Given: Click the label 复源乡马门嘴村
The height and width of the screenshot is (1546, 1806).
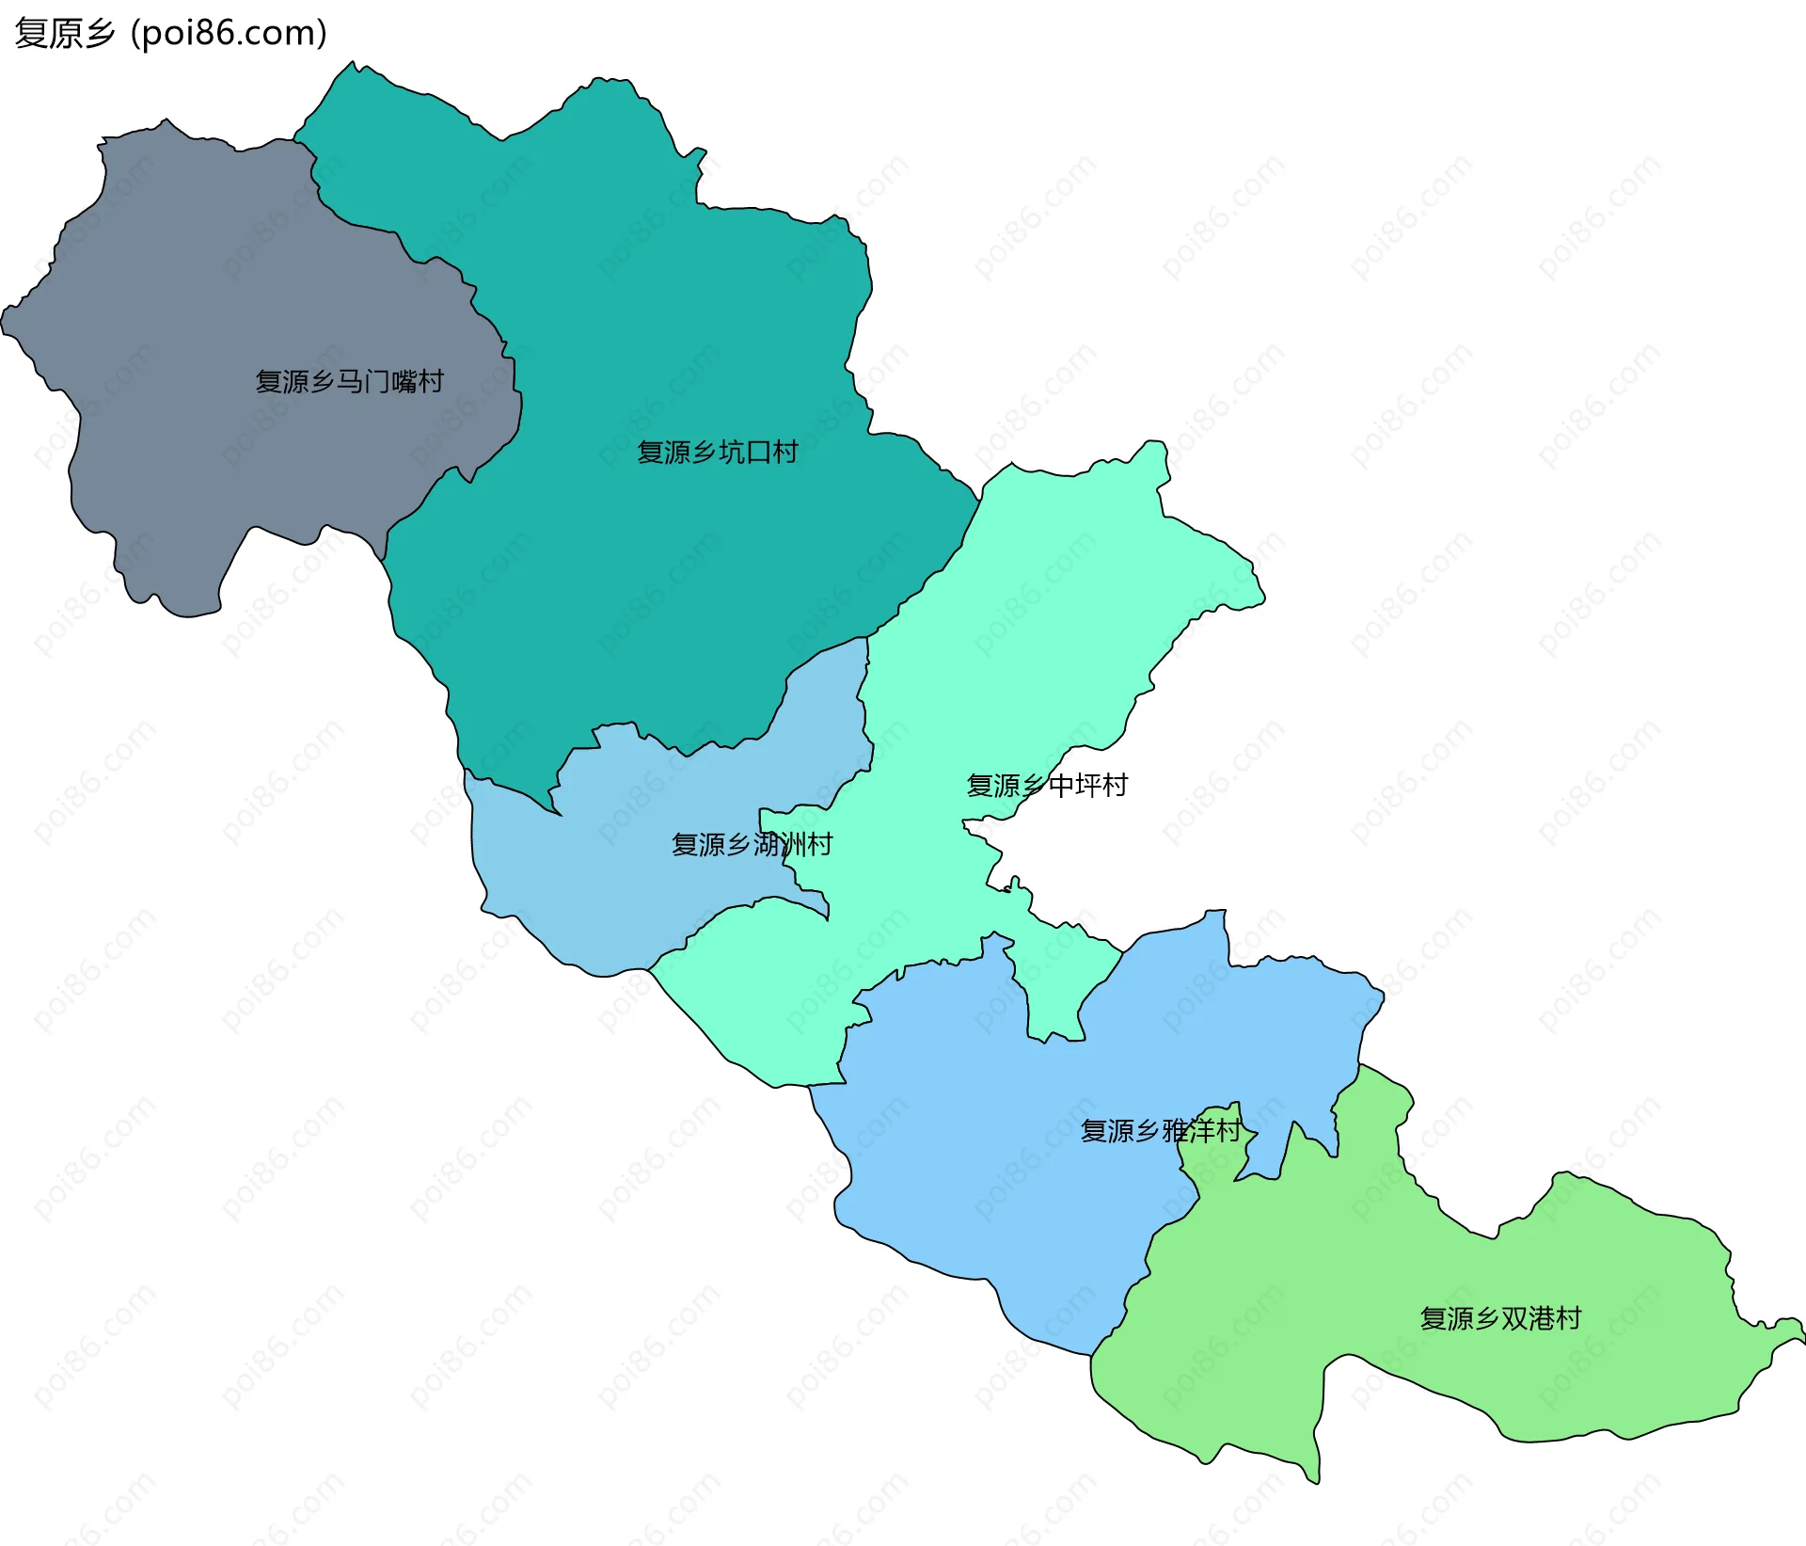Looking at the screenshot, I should pyautogui.click(x=349, y=381).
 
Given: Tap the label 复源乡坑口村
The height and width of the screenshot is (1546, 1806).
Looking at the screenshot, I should pyautogui.click(x=717, y=453).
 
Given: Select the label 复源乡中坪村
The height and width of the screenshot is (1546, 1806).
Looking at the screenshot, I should pyautogui.click(x=1047, y=785).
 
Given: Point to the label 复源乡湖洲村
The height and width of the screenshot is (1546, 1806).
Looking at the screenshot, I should pyautogui.click(x=752, y=844).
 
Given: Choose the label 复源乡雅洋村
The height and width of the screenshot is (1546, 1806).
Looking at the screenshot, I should pyautogui.click(x=1161, y=1130).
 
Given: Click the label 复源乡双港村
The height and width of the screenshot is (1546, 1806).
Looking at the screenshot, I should pyautogui.click(x=1500, y=1318).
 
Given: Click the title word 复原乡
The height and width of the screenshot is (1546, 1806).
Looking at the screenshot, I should pyautogui.click(x=65, y=34).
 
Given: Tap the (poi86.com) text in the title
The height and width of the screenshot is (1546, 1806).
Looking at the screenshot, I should pyautogui.click(x=229, y=34).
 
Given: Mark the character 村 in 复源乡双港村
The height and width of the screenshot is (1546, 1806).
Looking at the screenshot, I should pyautogui.click(x=1568, y=1318).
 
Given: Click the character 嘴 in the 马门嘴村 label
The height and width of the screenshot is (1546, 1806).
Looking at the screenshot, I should pyautogui.click(x=404, y=381).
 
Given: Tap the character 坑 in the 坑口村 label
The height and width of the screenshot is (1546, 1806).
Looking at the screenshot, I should pyautogui.click(x=731, y=453).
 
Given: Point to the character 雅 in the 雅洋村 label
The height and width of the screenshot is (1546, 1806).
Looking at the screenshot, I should pyautogui.click(x=1175, y=1130).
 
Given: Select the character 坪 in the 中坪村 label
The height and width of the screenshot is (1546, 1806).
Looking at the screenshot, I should pyautogui.click(x=1087, y=785).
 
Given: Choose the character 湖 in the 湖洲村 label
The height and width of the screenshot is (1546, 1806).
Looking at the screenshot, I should pyautogui.click(x=766, y=844).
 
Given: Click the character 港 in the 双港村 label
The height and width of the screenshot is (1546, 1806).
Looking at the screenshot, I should pyautogui.click(x=1541, y=1318).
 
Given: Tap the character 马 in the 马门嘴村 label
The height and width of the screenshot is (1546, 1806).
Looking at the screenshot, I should pyautogui.click(x=349, y=381).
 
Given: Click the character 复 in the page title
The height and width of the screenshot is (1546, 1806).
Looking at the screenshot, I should pyautogui.click(x=31, y=34).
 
